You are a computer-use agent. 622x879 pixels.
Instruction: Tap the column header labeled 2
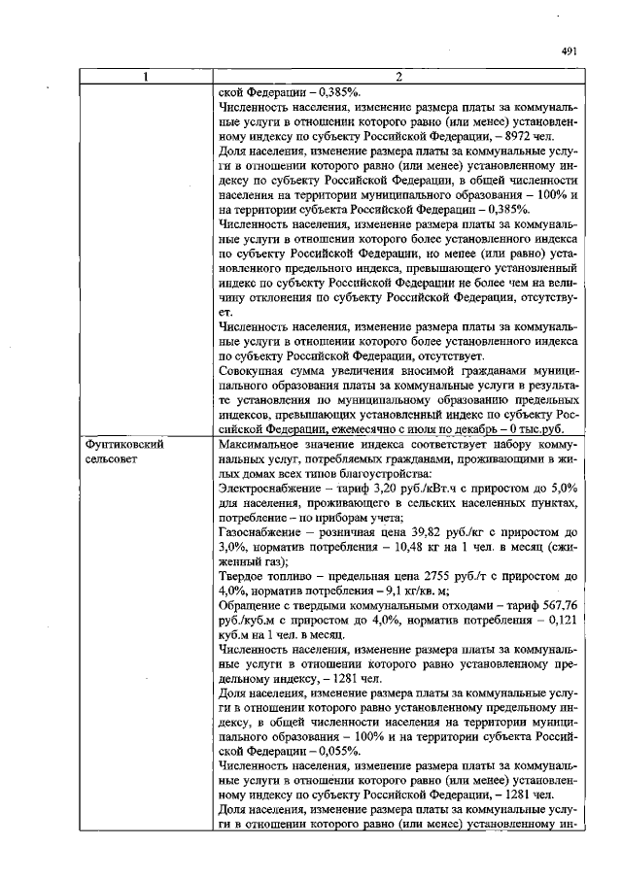[x=399, y=78]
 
